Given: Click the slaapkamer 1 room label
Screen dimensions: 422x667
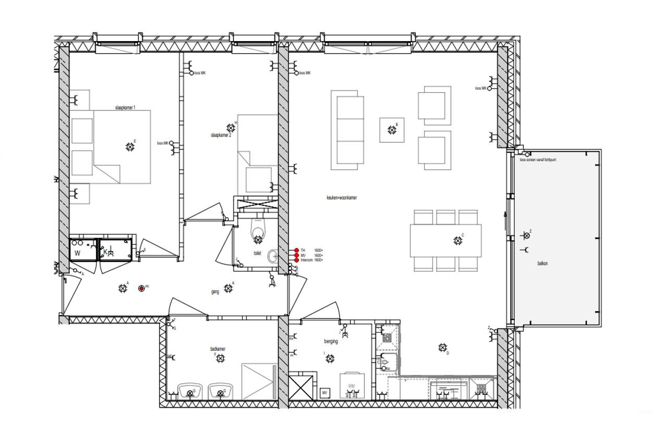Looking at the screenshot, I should [x=125, y=107].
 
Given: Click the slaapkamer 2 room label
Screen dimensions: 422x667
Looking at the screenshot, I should [x=220, y=135].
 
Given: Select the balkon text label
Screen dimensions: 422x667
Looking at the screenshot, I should [x=542, y=264].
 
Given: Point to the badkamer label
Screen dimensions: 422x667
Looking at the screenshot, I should [x=218, y=349].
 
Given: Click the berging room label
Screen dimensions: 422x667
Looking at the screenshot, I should [x=331, y=342].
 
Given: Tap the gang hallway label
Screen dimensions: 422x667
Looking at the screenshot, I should [x=215, y=292].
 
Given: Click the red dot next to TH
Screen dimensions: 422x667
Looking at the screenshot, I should [x=297, y=251].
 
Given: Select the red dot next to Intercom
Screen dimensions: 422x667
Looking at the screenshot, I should [x=297, y=260].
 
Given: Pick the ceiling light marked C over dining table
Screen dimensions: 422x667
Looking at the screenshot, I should [x=458, y=240].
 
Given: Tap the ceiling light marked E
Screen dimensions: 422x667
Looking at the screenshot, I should [x=130, y=147].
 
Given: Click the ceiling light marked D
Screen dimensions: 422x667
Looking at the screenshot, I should [x=442, y=347].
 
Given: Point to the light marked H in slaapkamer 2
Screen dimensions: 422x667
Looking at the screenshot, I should [x=231, y=128].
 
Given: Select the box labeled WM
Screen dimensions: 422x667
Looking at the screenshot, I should [x=352, y=386].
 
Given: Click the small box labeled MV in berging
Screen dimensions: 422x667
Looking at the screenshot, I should [x=324, y=392].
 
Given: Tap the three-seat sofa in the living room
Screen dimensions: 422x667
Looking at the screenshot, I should [x=348, y=129].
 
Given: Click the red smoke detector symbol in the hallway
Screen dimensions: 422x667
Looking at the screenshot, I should [x=141, y=288].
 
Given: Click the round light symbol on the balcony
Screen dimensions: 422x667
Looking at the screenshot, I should [x=526, y=235].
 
